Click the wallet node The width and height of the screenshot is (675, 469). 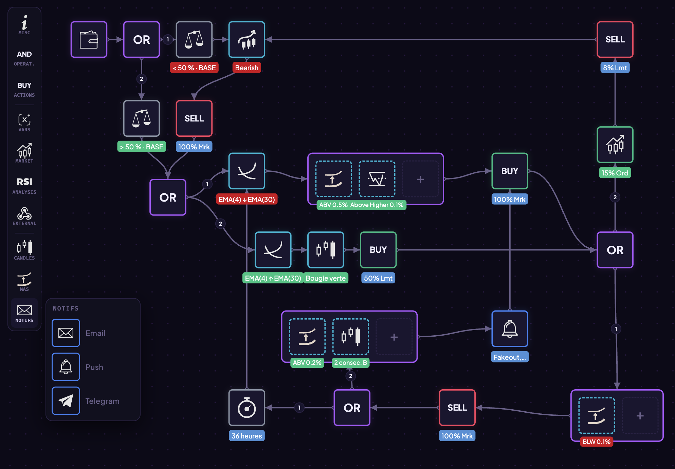[x=89, y=40]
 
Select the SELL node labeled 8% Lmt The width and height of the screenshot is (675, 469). [x=615, y=40]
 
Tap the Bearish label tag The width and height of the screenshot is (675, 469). [x=247, y=68]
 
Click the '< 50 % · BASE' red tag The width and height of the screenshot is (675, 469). [x=194, y=68]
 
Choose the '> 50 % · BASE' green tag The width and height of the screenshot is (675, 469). [x=142, y=147]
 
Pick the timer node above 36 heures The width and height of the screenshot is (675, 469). [x=247, y=408]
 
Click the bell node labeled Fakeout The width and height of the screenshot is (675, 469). [x=510, y=329]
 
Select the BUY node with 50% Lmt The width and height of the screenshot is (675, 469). [x=378, y=250]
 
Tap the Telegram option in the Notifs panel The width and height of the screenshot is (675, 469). [x=66, y=401]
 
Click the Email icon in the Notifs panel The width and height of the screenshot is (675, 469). [x=66, y=333]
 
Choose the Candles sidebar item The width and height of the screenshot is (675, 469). [x=24, y=250]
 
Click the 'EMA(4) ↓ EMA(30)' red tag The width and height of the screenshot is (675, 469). [x=247, y=200]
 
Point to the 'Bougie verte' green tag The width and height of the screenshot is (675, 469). [x=326, y=278]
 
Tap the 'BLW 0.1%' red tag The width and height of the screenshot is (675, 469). [x=597, y=442]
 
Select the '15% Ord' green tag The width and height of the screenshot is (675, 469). [x=615, y=173]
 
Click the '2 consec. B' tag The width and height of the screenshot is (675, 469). [x=350, y=363]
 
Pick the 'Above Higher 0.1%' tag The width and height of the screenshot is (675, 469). [x=377, y=205]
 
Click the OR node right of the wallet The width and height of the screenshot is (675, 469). [x=142, y=40]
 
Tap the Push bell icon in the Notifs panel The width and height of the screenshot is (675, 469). [x=66, y=367]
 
